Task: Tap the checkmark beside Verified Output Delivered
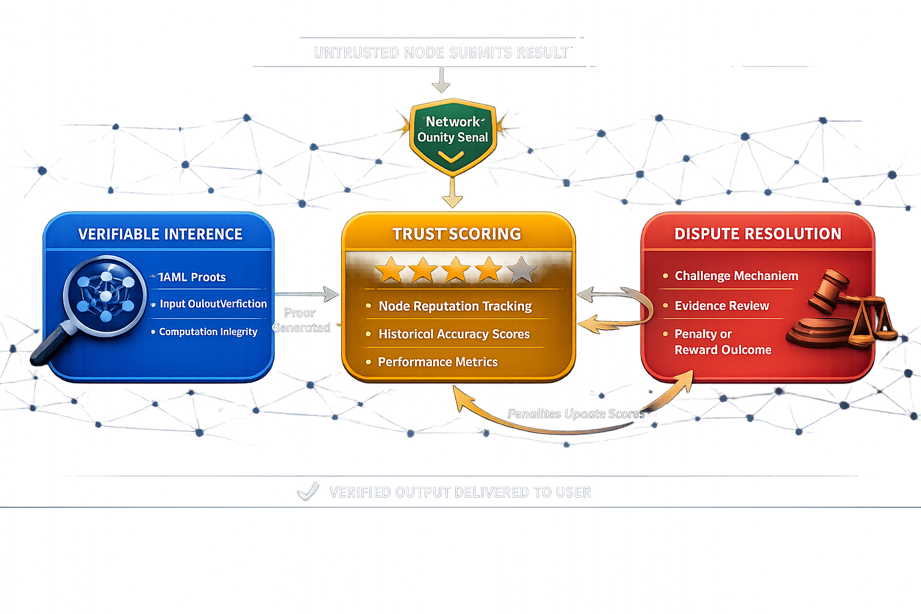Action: [x=308, y=492]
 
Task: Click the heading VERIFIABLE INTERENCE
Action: [x=160, y=234]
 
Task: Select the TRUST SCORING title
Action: [x=457, y=234]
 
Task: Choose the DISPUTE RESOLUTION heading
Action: [x=758, y=234]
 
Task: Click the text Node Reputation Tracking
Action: [x=455, y=306]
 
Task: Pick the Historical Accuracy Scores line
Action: [x=454, y=334]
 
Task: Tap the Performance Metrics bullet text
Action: [x=438, y=362]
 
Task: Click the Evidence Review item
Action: [x=721, y=306]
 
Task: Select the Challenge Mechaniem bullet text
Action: [x=736, y=276]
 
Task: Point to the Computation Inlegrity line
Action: [x=208, y=332]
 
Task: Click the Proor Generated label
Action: [x=301, y=320]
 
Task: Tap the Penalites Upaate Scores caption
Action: [x=576, y=414]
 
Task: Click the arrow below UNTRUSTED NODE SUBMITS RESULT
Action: [x=441, y=79]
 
